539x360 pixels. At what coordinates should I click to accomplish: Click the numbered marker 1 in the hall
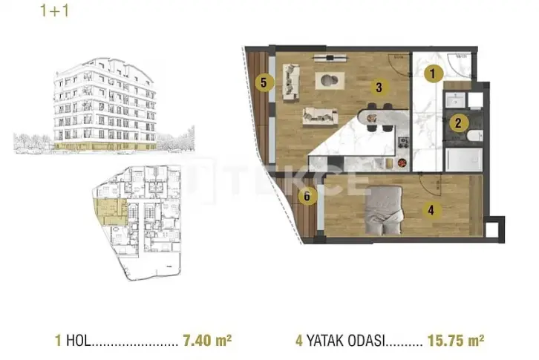(x=433, y=73)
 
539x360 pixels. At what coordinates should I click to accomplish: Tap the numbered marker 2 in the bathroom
(x=458, y=123)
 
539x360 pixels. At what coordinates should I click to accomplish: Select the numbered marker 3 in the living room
(x=379, y=88)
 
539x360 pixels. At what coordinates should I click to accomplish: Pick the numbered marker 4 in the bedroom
(x=431, y=209)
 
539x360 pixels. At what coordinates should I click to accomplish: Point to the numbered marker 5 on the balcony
(x=264, y=83)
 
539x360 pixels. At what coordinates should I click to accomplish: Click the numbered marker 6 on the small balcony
(x=307, y=196)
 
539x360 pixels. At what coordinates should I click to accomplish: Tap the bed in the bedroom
(x=384, y=210)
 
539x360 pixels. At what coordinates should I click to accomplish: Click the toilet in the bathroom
(x=474, y=136)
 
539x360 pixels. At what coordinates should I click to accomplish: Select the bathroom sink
(x=455, y=100)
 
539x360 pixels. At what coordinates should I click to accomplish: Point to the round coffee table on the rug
(x=330, y=80)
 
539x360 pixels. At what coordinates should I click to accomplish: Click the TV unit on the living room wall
(x=330, y=58)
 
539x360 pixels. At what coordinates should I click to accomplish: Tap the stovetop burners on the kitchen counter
(x=404, y=142)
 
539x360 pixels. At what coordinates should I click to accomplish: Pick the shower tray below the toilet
(x=464, y=160)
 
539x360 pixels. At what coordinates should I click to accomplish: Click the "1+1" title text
(x=55, y=10)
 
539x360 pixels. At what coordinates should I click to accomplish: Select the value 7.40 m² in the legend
(x=207, y=340)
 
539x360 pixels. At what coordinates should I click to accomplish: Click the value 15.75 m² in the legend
(x=456, y=340)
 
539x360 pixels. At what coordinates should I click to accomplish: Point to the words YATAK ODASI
(x=345, y=341)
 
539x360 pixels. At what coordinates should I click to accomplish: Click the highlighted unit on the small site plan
(x=111, y=212)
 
